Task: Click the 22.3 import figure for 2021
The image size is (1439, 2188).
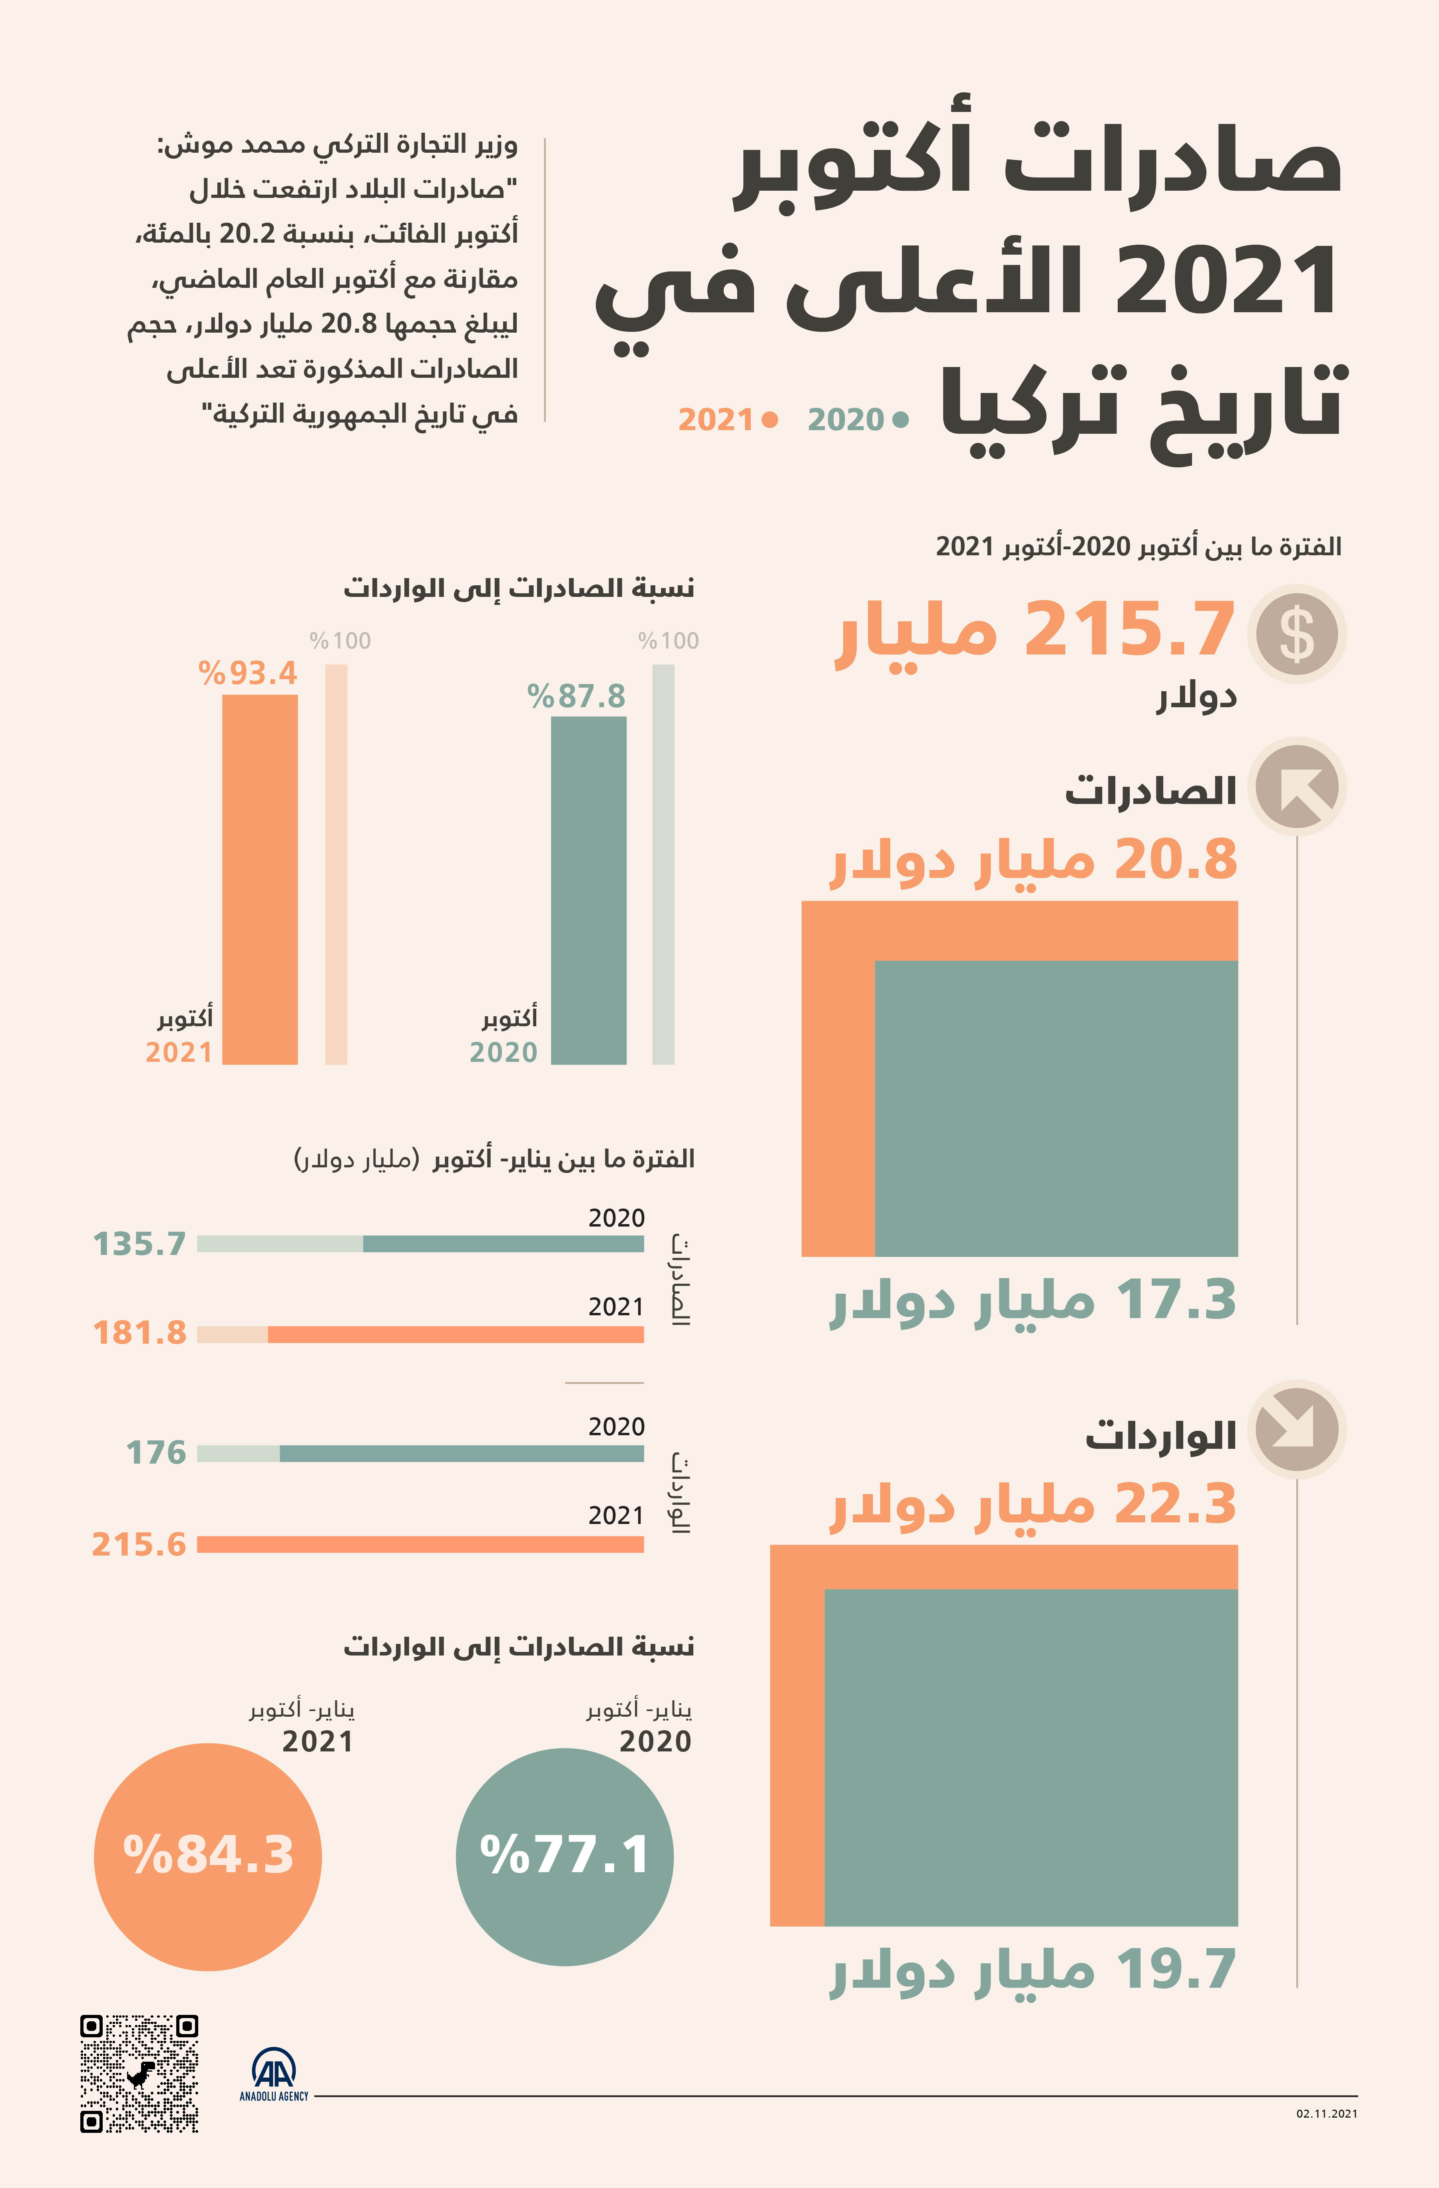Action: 1176,1504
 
